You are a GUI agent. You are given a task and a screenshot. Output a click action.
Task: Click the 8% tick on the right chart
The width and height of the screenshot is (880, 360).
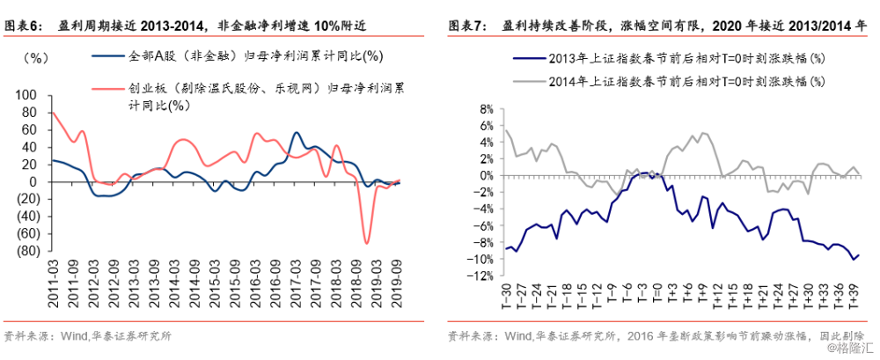tap(485, 109)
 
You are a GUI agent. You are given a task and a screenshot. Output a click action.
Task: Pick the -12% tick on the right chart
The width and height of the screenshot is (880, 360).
tap(482, 276)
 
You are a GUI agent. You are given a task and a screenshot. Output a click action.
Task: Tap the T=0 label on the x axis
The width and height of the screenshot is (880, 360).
tap(657, 294)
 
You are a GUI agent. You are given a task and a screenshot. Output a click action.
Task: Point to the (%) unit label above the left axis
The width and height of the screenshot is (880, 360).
tap(35, 58)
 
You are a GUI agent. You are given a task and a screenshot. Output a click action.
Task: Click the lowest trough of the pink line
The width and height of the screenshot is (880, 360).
tap(366, 244)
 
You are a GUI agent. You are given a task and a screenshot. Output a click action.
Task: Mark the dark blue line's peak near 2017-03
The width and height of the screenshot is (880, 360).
tap(297, 133)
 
